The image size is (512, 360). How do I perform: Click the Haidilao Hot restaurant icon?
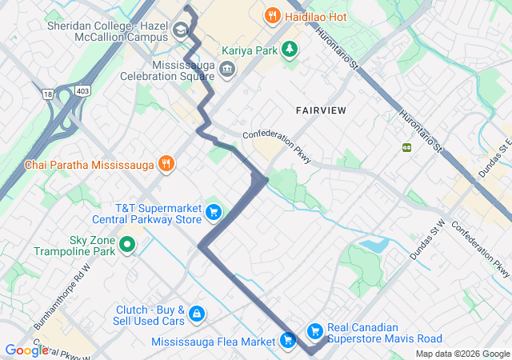(x=272, y=15)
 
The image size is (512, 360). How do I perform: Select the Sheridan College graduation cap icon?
(x=181, y=32)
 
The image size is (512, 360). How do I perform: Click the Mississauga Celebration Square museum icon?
(x=227, y=70)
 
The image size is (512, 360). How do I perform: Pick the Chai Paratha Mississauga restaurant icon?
(x=166, y=165)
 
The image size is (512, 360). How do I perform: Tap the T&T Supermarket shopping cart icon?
(x=213, y=212)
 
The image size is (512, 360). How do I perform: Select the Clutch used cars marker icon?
(x=197, y=314)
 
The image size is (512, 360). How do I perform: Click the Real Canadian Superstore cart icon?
(x=314, y=330)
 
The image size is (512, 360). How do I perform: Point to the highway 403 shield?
(x=83, y=92)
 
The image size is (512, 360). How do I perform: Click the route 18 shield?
(x=49, y=94)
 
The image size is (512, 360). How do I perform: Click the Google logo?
(x=26, y=350)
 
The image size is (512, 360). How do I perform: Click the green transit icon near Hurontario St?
(x=406, y=146)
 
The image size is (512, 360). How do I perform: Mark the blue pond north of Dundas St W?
(x=372, y=245)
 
